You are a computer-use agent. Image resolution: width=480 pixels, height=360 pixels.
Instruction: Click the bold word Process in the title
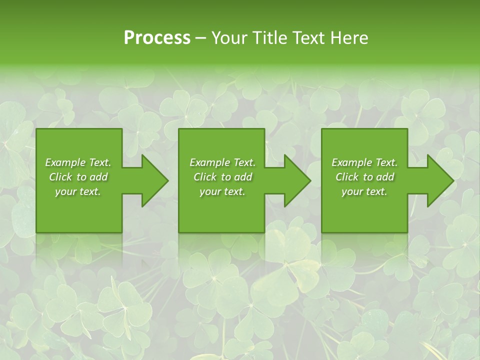point(157,37)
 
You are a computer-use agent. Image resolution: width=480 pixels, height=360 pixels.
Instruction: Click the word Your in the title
point(229,37)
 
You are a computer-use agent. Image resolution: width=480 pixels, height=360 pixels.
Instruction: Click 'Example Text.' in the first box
point(78,162)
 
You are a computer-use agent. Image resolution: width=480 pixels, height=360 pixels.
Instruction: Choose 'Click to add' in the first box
point(78,177)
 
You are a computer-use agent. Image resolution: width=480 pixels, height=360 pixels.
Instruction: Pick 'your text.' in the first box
point(78,191)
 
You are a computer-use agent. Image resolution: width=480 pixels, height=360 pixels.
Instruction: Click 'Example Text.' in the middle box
point(222,162)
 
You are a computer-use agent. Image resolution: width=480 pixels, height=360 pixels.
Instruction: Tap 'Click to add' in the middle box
point(222,177)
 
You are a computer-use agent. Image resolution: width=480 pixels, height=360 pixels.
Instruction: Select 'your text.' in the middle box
point(222,191)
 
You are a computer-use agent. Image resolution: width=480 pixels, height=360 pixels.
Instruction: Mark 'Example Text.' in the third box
point(364,162)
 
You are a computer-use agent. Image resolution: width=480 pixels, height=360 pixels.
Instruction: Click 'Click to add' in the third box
point(364,177)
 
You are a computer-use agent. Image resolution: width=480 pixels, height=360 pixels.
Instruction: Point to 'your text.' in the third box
point(364,191)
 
